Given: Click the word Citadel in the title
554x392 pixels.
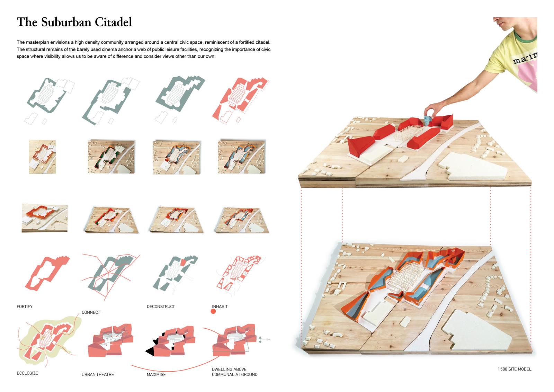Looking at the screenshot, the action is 114,22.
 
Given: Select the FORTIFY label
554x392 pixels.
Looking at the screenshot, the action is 25,307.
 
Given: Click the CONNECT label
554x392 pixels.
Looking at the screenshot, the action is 91,312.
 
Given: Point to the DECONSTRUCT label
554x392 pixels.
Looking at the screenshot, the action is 161,307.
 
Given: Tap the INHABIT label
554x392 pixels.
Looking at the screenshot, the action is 220,307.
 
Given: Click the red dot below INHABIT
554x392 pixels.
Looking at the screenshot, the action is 213,312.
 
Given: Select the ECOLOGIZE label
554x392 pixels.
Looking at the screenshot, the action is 27,373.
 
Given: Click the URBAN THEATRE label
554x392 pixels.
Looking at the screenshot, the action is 98,375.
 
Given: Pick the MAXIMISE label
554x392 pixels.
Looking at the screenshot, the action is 156,375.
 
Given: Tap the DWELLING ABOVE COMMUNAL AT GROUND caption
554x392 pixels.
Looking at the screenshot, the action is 234,372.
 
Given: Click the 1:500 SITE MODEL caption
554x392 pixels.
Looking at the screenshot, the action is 515,369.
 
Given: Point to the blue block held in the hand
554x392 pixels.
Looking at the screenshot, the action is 428,120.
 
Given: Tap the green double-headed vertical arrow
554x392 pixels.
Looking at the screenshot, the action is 260,340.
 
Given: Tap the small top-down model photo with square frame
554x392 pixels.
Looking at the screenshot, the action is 42,157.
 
